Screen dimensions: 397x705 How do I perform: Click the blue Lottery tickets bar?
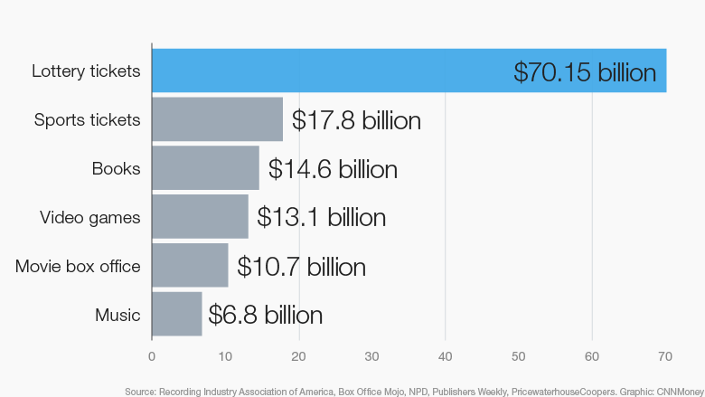325,71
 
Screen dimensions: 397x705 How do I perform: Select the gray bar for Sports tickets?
217,119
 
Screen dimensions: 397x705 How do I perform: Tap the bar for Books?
205,168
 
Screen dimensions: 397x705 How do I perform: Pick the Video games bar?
200,217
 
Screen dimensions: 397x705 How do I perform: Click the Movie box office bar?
190,266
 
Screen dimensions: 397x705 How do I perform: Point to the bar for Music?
177,315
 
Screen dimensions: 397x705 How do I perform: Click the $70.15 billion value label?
584,71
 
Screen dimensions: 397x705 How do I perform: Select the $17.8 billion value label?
356,120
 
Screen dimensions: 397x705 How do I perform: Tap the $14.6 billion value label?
333,169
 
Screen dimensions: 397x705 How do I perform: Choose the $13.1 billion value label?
321,218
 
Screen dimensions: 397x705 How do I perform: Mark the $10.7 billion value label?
301,267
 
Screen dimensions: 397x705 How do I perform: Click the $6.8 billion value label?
265,316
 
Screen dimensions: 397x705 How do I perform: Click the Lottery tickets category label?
86,71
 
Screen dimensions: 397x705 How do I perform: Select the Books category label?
116,168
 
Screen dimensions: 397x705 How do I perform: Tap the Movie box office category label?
78,266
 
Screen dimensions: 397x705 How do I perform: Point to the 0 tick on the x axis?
152,356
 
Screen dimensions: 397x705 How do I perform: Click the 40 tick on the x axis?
445,356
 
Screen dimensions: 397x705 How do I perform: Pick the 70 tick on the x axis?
665,356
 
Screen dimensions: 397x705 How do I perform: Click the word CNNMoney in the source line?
676,391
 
